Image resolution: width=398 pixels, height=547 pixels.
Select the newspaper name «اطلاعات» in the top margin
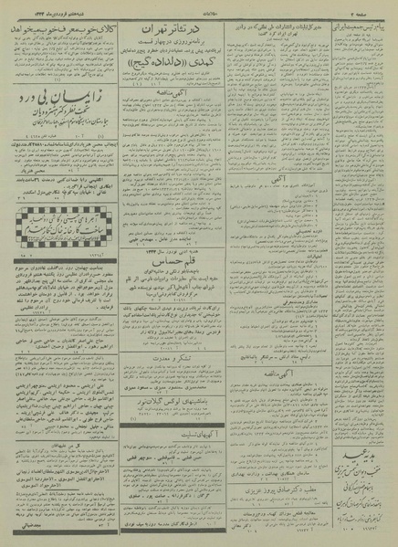pos(198,6)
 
